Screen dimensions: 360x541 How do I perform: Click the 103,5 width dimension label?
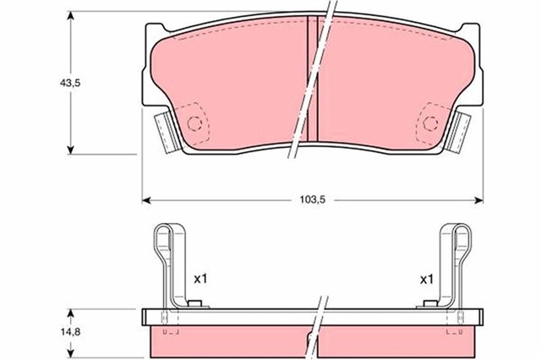tap(313, 200)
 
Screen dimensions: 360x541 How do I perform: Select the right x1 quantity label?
tap(427, 277)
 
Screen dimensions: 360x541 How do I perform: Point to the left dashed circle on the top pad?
tap(195, 123)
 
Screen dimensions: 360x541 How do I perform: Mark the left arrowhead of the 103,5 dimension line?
tap(145, 200)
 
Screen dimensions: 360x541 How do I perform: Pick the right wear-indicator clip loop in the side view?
tap(457, 241)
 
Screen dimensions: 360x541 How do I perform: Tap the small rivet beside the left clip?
tap(194, 304)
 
